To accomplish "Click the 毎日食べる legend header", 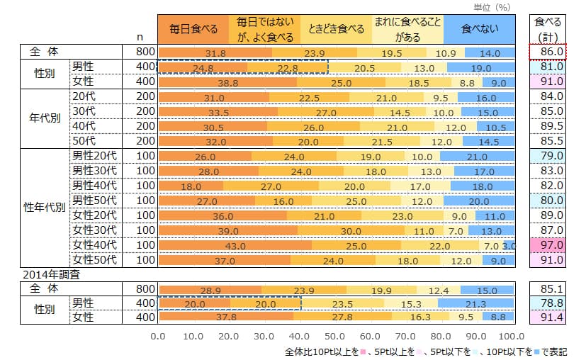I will coord(193,29).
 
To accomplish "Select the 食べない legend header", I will coord(478,29).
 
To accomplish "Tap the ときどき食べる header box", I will coord(336,29).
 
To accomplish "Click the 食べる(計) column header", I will coord(549,29).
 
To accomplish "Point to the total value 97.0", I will coord(549,244).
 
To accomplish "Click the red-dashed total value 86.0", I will coord(549,52).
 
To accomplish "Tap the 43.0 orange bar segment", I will coord(235,244).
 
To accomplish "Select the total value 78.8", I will coord(549,303).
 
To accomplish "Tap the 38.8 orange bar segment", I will coord(227,82).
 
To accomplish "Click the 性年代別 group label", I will coord(45,208).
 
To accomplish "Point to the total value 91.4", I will coord(549,317).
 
